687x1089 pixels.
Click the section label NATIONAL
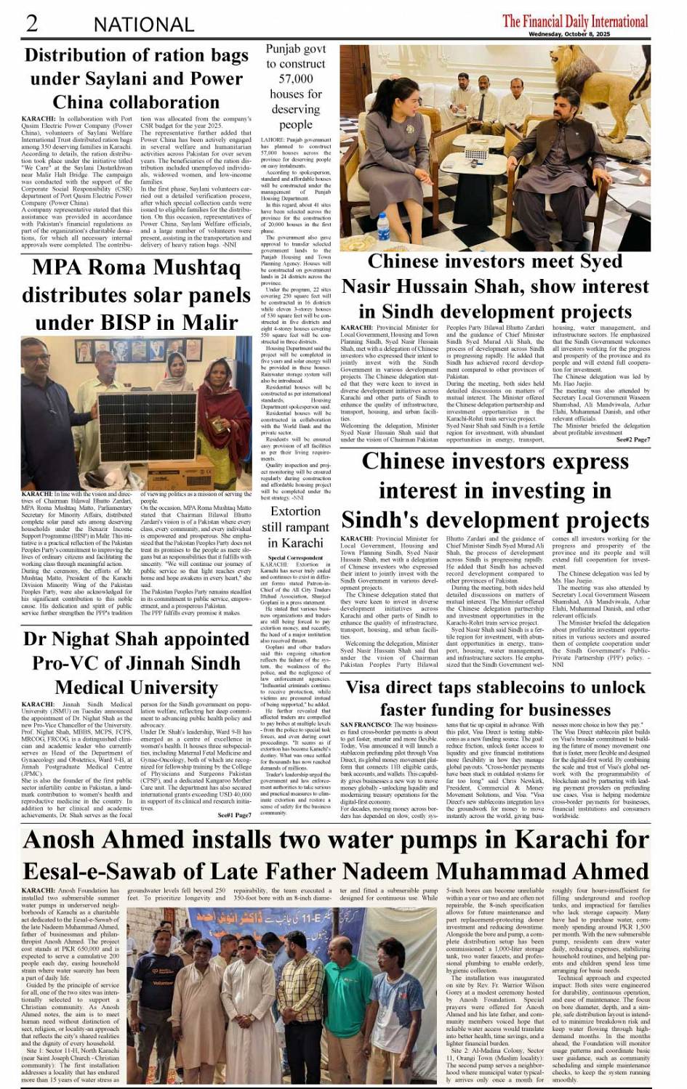(x=143, y=25)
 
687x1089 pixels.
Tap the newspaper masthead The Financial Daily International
(x=574, y=20)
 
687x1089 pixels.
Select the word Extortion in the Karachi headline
(x=295, y=511)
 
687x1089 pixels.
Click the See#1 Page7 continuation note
(x=234, y=815)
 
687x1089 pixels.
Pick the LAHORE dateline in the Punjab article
(x=270, y=139)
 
